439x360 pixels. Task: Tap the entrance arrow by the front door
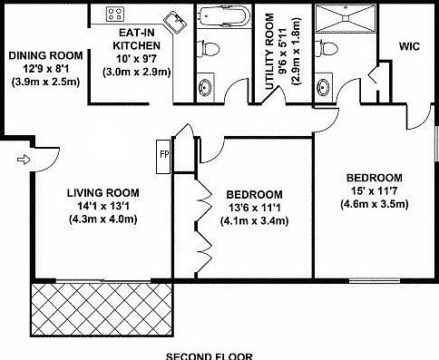[x=22, y=161]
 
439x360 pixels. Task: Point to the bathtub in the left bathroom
[x=221, y=15]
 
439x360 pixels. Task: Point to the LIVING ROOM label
[x=102, y=192]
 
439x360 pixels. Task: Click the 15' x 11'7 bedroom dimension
[x=374, y=190]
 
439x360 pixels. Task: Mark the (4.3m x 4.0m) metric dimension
[x=102, y=218]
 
